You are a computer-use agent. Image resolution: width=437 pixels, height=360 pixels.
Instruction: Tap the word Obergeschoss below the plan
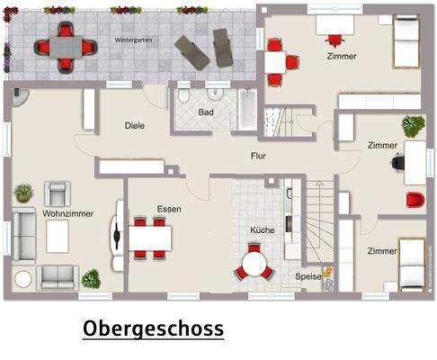(x=153, y=328)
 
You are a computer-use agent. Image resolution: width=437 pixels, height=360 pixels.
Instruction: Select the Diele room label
(x=135, y=125)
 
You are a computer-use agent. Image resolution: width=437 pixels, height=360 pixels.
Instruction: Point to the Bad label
(x=206, y=112)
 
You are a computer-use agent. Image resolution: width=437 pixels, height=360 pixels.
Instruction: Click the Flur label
(x=258, y=156)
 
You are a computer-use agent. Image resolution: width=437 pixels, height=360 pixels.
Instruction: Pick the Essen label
(x=168, y=209)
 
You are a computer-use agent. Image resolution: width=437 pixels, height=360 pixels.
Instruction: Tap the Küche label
(x=263, y=229)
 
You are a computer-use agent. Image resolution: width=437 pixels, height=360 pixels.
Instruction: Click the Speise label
(x=308, y=276)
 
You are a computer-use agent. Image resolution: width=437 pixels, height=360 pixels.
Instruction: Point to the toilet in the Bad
(x=183, y=96)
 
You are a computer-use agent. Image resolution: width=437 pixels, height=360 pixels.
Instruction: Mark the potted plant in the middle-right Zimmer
(x=414, y=124)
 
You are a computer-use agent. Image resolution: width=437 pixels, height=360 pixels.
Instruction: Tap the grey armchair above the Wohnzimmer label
(x=57, y=192)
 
